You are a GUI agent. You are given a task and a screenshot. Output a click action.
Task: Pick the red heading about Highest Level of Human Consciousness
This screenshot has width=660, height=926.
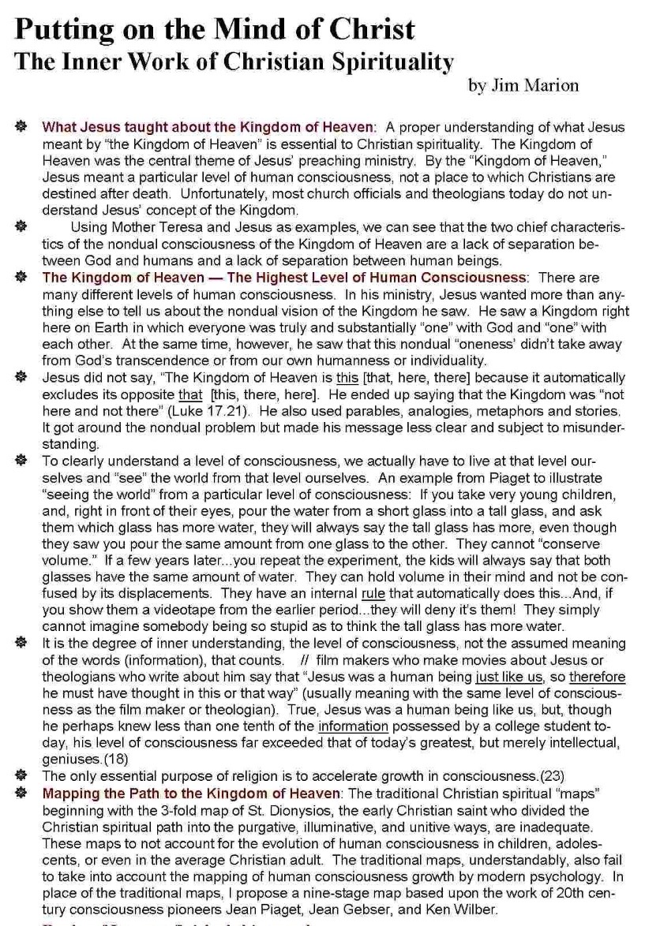[x=284, y=278]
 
